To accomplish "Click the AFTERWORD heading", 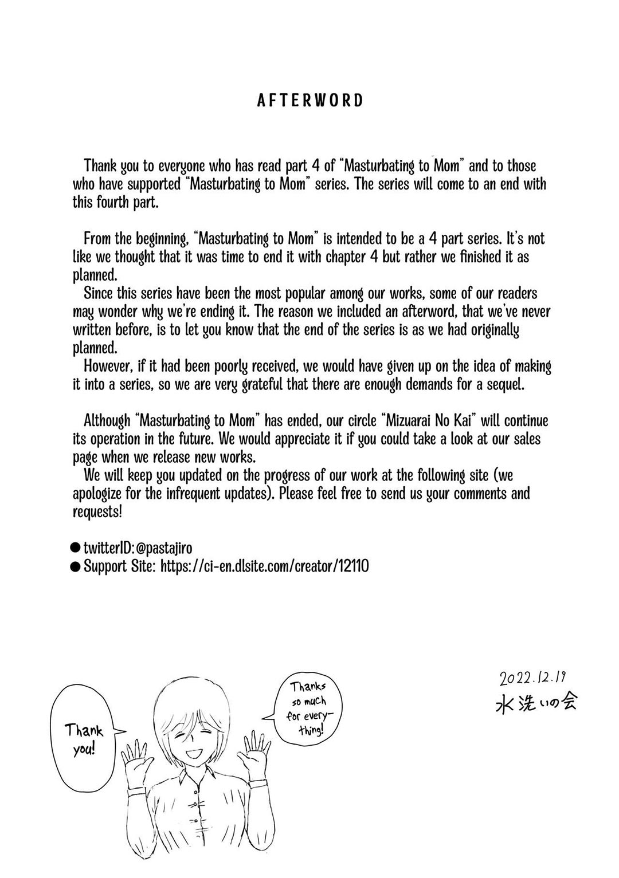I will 310,101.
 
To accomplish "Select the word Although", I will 107,421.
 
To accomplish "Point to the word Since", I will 97,293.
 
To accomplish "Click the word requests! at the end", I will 97,512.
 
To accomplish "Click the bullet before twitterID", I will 75,548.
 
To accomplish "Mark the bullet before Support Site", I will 75,566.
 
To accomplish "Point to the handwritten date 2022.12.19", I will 532,679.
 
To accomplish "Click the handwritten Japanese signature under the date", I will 536,703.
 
